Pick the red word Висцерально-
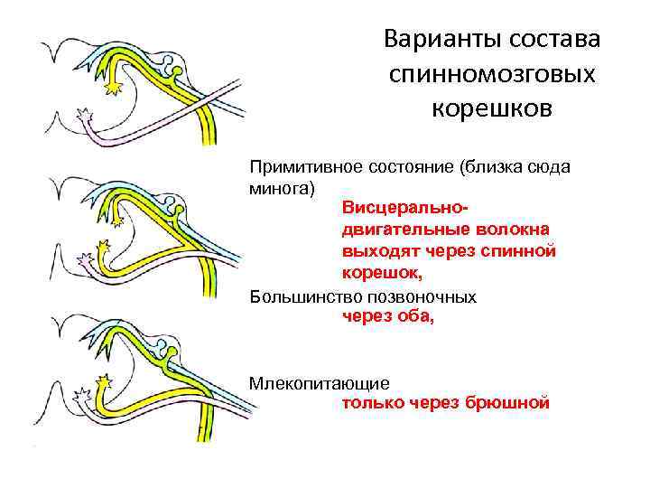pyautogui.click(x=395, y=209)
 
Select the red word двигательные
pyautogui.click(x=395, y=230)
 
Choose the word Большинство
pyautogui.click(x=298, y=296)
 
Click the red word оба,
pyautogui.click(x=413, y=315)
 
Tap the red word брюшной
pyautogui.click(x=509, y=402)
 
